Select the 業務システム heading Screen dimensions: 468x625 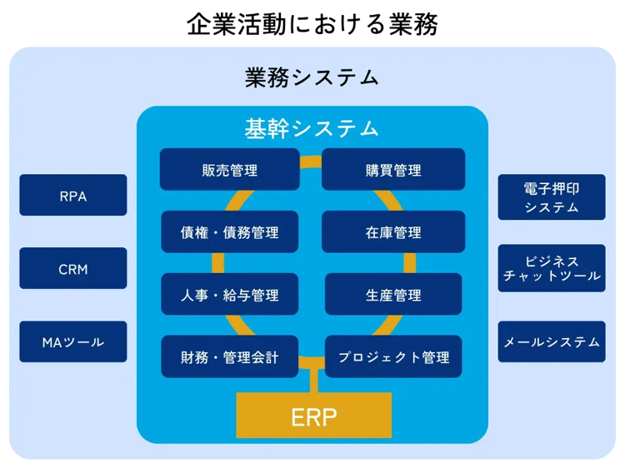pyautogui.click(x=312, y=78)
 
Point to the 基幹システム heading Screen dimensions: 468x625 pyautogui.click(x=312, y=128)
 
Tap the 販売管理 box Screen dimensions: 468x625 pyautogui.click(x=230, y=170)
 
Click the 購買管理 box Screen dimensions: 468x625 pyautogui.click(x=393, y=170)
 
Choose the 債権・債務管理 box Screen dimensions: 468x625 pyautogui.click(x=230, y=232)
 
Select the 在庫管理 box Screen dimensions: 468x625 pyautogui.click(x=393, y=232)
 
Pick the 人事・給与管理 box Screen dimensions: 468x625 pyautogui.click(x=230, y=295)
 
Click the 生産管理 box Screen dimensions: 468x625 pyautogui.click(x=393, y=295)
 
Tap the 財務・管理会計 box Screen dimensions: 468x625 pyautogui.click(x=230, y=357)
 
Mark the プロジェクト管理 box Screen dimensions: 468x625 pyautogui.click(x=393, y=357)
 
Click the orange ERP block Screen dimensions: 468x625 pyautogui.click(x=314, y=416)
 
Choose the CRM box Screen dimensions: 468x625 pyautogui.click(x=73, y=269)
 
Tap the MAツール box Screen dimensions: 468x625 pyautogui.click(x=73, y=342)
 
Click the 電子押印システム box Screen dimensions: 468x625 pyautogui.click(x=552, y=197)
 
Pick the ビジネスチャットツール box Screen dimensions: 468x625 pyautogui.click(x=552, y=268)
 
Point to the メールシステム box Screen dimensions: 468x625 pyautogui.click(x=552, y=341)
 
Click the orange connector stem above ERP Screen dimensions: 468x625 pyautogui.click(x=314, y=381)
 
